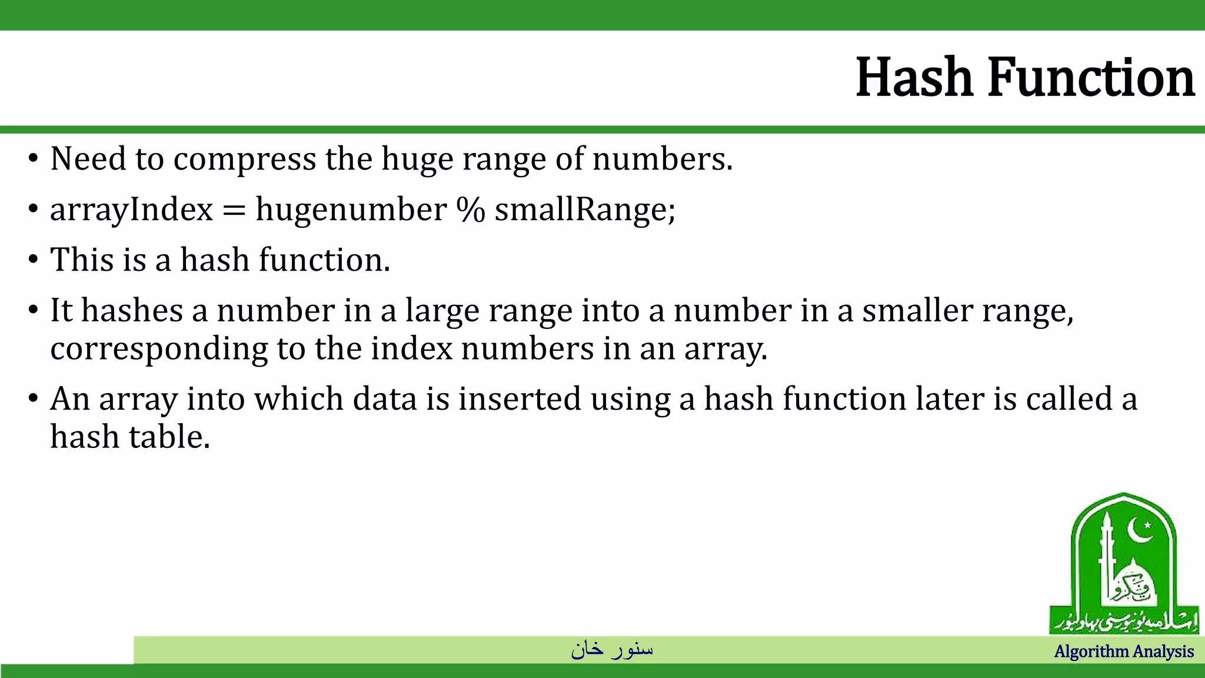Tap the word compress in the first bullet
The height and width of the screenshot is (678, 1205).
(244, 159)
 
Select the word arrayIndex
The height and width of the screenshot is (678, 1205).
(131, 210)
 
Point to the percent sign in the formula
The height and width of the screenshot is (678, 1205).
(471, 210)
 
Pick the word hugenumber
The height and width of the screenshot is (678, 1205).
(351, 210)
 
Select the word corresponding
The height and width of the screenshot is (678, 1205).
(159, 349)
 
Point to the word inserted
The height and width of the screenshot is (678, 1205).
(520, 399)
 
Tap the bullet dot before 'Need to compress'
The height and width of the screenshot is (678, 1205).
(34, 159)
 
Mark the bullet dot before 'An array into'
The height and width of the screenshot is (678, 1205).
(34, 399)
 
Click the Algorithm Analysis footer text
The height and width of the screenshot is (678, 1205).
(1124, 652)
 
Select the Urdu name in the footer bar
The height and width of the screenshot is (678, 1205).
(612, 649)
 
